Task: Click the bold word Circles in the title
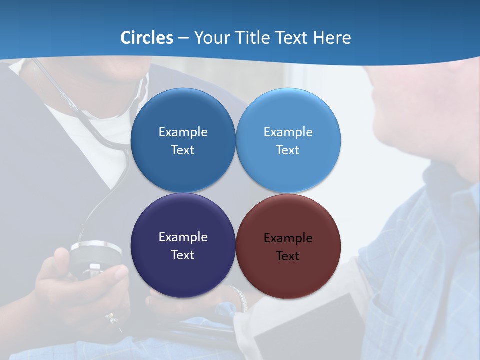(146, 38)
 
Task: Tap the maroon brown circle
(288, 275)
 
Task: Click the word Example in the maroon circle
(288, 238)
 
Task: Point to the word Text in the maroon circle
(288, 256)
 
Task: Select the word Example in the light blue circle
(288, 132)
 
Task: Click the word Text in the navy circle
(183, 255)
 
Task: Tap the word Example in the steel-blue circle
(183, 132)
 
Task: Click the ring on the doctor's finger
(110, 317)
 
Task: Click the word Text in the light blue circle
(288, 150)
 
